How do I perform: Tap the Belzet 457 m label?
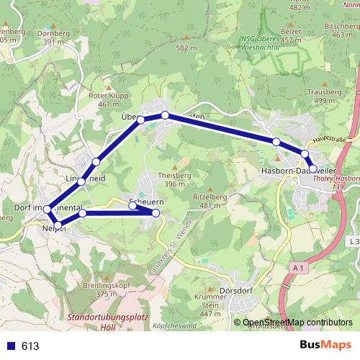(292, 35)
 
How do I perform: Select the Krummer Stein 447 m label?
(210, 308)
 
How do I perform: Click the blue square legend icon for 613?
(11, 346)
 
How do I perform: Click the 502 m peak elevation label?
(186, 48)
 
